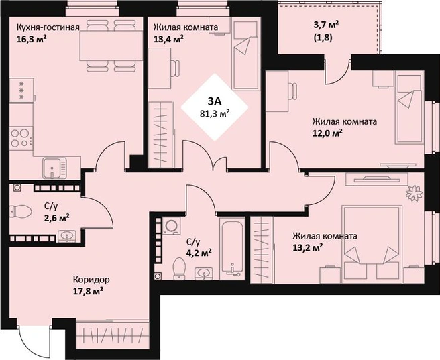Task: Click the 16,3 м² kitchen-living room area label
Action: tap(32, 39)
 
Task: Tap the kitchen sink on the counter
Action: tap(55, 168)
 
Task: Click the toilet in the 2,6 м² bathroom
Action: tap(20, 211)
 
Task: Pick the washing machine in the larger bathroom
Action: tap(172, 226)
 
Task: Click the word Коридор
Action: tap(91, 280)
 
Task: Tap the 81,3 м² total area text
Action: tap(215, 113)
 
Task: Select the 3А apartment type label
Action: tap(215, 101)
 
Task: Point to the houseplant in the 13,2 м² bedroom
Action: tap(415, 192)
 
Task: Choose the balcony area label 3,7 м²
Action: tap(326, 25)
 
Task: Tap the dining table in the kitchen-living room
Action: tap(111, 46)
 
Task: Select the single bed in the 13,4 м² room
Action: tap(244, 56)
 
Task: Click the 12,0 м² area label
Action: tap(327, 133)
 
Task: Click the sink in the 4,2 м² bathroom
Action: tap(204, 274)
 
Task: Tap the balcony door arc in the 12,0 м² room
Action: tap(338, 71)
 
